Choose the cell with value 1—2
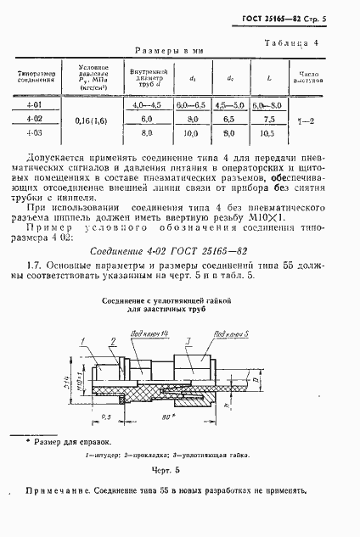click(x=311, y=120)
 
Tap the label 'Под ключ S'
click(x=215, y=334)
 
